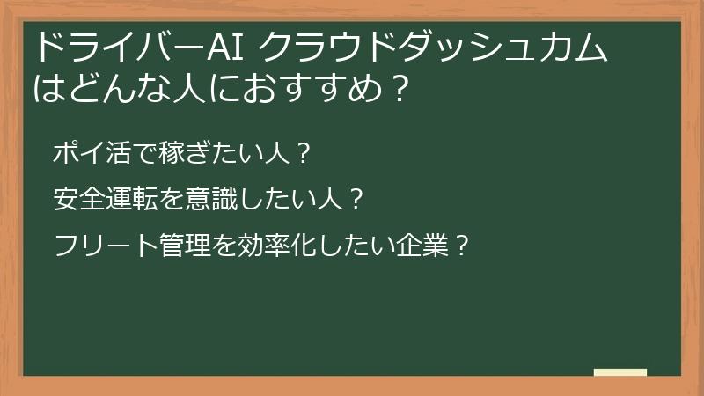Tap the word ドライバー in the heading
point(117,48)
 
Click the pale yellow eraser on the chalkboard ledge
point(620,373)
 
